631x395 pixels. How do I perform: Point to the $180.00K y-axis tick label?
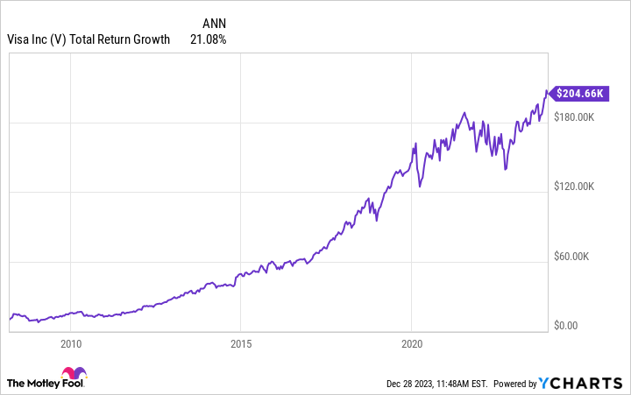pyautogui.click(x=575, y=116)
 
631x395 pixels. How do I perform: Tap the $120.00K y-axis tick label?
pyautogui.click(x=575, y=187)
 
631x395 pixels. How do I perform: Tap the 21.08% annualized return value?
pyautogui.click(x=208, y=39)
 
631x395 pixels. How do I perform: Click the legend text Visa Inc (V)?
pyautogui.click(x=36, y=39)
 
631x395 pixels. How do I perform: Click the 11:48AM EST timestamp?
pyautogui.click(x=462, y=384)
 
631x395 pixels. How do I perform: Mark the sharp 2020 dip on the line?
pyautogui.click(x=420, y=186)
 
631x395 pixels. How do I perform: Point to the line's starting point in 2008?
pyautogui.click(x=10, y=319)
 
